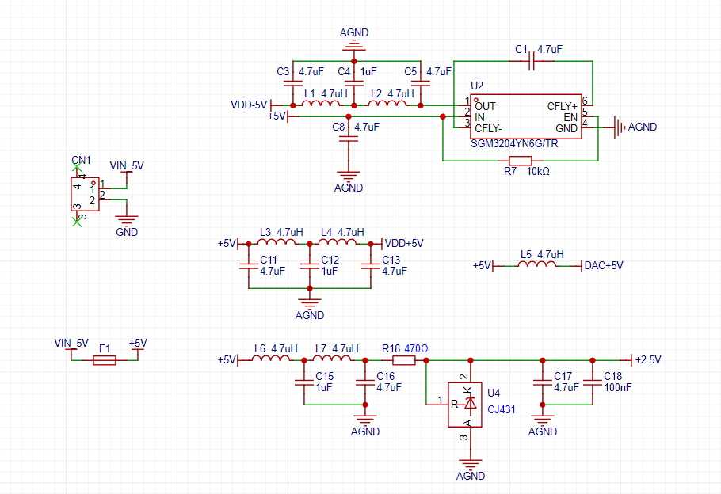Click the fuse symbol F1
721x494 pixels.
tap(105, 361)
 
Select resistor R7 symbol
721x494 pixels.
tap(521, 161)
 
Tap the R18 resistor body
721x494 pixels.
tap(404, 361)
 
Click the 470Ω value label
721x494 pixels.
tap(416, 349)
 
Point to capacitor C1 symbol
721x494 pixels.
tap(532, 61)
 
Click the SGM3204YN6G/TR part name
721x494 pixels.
tap(514, 144)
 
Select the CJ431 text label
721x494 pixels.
tap(502, 409)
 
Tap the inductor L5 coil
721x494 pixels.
tap(537, 264)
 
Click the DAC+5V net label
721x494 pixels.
tap(604, 266)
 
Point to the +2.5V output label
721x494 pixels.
tap(648, 360)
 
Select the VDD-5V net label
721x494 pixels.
tap(249, 104)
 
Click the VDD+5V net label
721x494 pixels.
tap(404, 243)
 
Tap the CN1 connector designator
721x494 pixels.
tap(82, 160)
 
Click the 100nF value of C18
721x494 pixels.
tap(617, 387)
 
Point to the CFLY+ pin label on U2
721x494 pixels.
tap(562, 106)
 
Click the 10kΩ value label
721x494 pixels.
tap(538, 172)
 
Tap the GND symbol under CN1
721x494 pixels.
tap(127, 219)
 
